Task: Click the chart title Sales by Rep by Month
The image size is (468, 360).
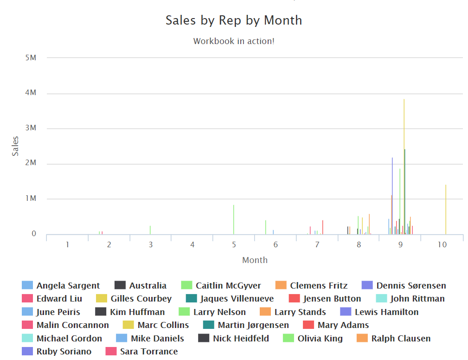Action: [x=234, y=20]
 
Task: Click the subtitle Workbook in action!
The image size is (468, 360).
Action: [x=234, y=41]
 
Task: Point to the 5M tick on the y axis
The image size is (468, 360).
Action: [x=31, y=58]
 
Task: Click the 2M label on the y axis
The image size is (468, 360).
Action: [x=31, y=164]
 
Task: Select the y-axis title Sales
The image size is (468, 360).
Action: [x=15, y=146]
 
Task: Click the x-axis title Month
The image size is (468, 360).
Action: [x=255, y=260]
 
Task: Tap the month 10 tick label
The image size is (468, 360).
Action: [x=442, y=244]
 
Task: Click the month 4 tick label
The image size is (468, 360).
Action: [x=192, y=244]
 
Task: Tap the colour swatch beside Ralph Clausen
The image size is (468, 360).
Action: [x=363, y=338]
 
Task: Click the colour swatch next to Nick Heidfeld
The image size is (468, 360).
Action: [x=205, y=338]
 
